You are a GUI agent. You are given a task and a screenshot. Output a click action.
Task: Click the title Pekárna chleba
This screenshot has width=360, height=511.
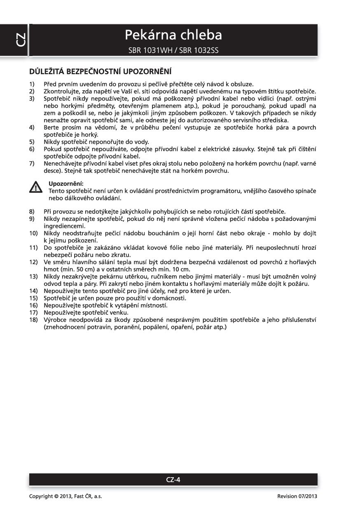(x=173, y=35)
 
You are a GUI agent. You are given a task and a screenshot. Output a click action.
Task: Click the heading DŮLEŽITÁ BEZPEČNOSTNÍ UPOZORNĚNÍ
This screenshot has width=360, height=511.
(x=100, y=71)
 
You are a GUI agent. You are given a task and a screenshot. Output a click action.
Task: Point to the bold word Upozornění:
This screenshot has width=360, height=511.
(x=66, y=183)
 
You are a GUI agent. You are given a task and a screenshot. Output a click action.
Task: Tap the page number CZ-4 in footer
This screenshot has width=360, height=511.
(x=173, y=479)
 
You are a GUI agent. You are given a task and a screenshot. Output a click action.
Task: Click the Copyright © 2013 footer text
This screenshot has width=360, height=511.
(x=65, y=496)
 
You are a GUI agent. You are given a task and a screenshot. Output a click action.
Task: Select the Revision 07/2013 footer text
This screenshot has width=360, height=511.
(x=297, y=496)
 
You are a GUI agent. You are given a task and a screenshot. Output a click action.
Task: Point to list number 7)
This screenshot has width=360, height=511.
(x=32, y=164)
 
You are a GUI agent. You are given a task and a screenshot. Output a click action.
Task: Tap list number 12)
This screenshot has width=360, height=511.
(x=33, y=262)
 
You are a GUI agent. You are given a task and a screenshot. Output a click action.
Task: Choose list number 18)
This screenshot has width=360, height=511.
(x=33, y=320)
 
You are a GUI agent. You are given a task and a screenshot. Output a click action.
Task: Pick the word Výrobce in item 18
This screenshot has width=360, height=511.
(x=55, y=320)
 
